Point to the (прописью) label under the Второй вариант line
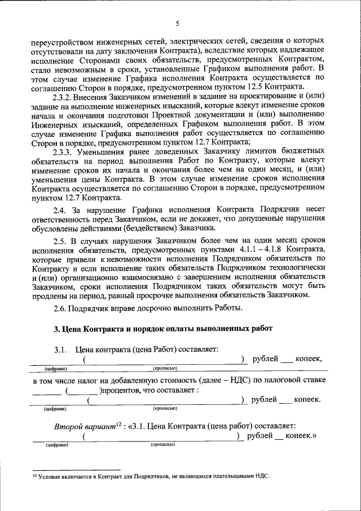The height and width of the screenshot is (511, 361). pos(162,444)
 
